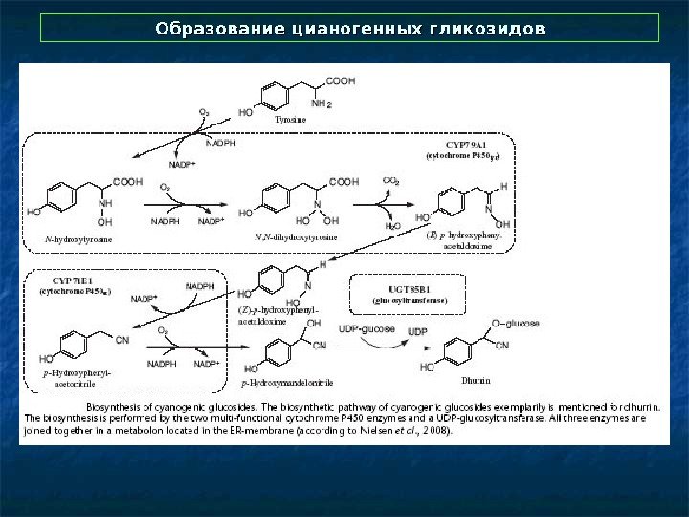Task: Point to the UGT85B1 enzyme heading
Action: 410,289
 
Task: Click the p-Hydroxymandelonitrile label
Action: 287,384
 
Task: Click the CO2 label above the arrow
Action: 390,179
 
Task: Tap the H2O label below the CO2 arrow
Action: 392,226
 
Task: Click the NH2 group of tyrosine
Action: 322,104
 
